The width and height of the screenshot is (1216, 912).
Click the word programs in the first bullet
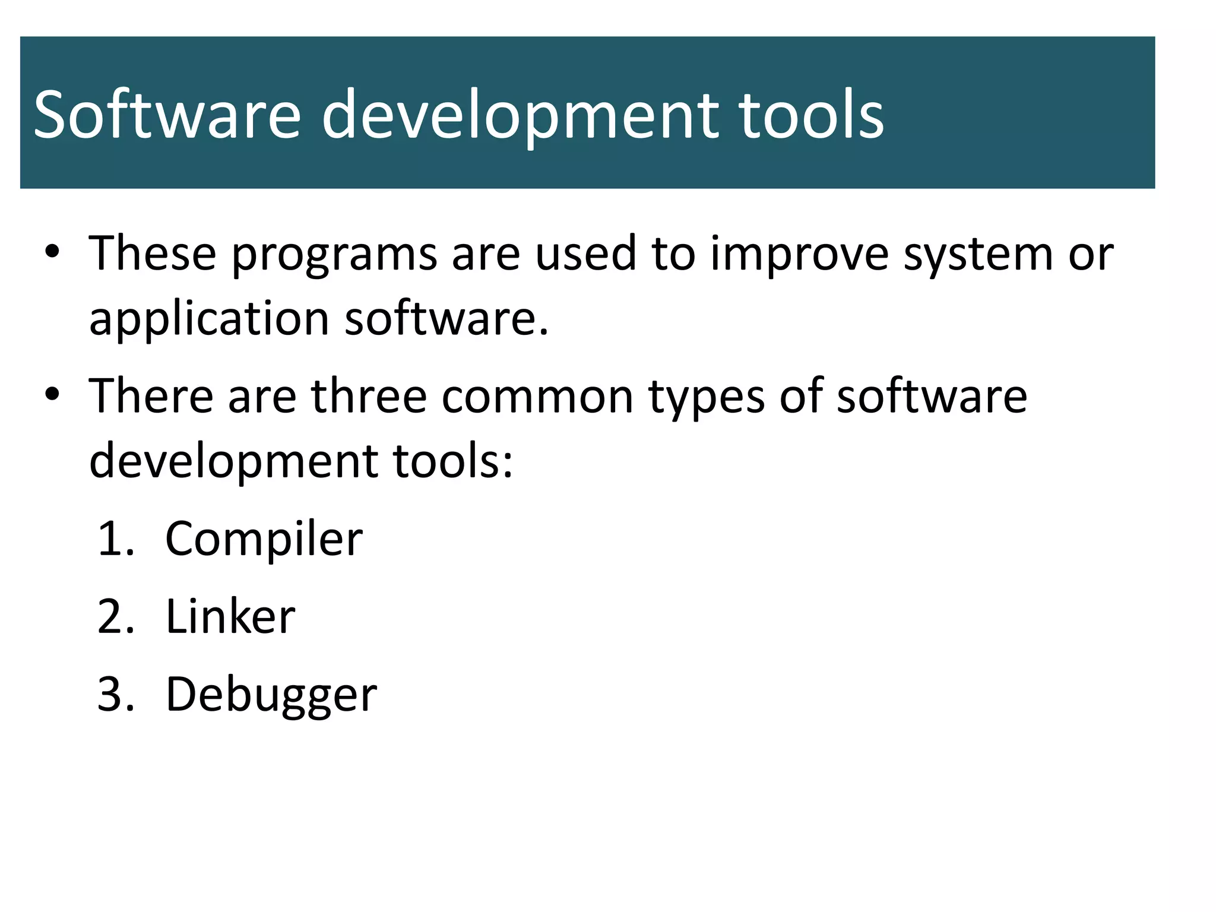334,254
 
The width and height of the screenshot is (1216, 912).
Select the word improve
799,254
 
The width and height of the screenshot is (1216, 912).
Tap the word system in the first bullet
977,254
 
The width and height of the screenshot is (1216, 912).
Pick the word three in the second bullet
369,396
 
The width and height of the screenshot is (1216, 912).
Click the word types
707,396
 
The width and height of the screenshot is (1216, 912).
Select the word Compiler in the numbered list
264,539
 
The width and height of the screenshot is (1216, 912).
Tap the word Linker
230,617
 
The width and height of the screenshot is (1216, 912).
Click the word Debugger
271,695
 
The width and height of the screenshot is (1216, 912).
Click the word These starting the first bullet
153,254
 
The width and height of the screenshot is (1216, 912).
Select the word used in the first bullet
585,254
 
